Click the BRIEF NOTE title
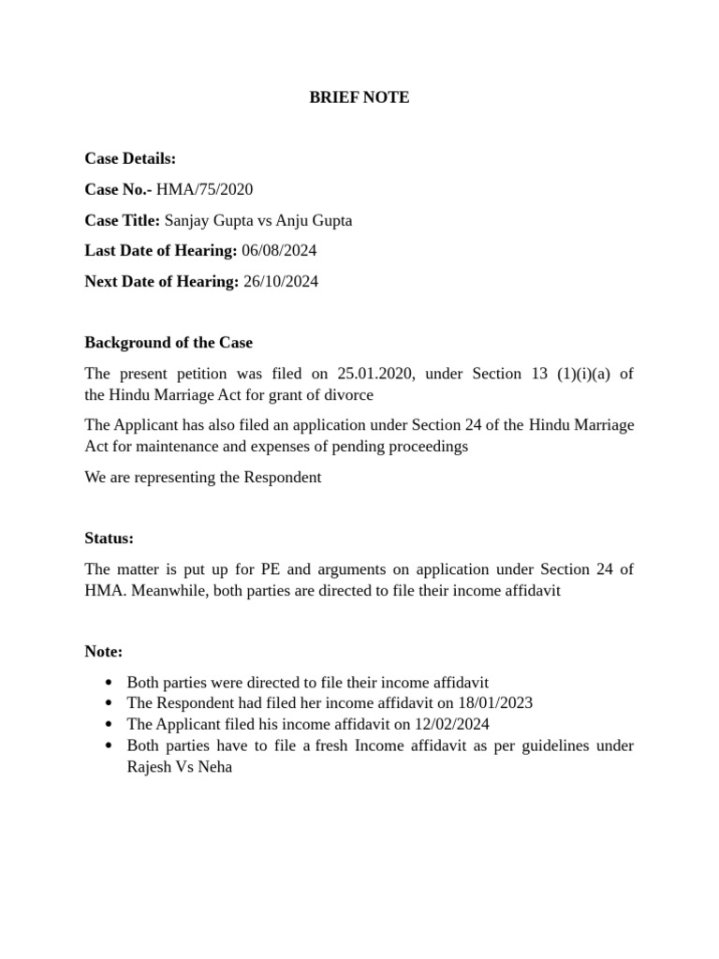point(359,97)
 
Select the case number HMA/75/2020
point(204,189)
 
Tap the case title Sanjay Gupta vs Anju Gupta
point(258,220)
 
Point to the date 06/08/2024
point(279,251)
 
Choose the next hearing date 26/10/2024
point(281,282)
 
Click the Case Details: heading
point(130,159)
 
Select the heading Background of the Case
point(169,343)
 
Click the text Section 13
point(509,374)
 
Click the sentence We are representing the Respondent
point(203,478)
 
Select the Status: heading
point(110,539)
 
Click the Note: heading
point(104,651)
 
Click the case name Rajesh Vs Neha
point(179,766)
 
